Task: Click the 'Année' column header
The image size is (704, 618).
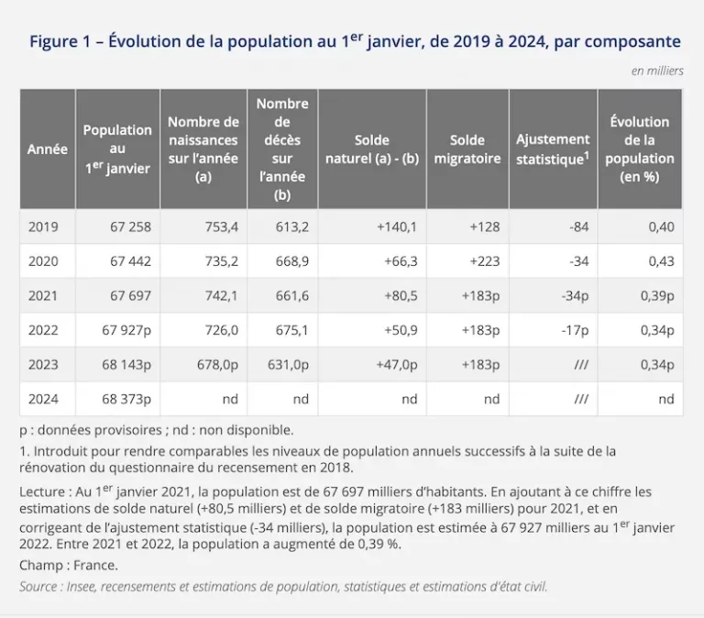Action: [x=48, y=149]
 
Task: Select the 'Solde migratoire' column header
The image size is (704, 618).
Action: [x=467, y=149]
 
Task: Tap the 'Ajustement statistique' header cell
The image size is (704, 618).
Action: [x=553, y=149]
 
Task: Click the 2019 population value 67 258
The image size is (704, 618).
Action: [x=131, y=226]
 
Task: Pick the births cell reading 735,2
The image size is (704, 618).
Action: [x=221, y=261]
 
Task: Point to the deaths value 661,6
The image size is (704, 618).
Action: [x=292, y=295]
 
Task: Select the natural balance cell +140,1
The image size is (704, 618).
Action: [x=397, y=226]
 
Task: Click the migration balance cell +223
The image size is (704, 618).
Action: [x=484, y=261]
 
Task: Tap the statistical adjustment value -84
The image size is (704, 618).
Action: [x=578, y=226]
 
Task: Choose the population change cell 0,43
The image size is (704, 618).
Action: [x=661, y=261]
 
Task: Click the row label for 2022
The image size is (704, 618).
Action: [x=43, y=330]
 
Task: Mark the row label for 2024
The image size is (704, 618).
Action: [x=43, y=399]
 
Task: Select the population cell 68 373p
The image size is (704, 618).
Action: [x=126, y=399]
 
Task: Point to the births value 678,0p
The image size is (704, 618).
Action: [x=217, y=365]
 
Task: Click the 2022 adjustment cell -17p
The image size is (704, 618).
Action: [x=575, y=331]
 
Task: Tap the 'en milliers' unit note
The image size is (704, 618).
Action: [x=657, y=71]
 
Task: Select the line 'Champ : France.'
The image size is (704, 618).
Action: [x=69, y=565]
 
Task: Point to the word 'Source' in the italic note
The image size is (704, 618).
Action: [x=38, y=587]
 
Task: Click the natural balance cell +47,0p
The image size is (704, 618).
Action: [x=397, y=365]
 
